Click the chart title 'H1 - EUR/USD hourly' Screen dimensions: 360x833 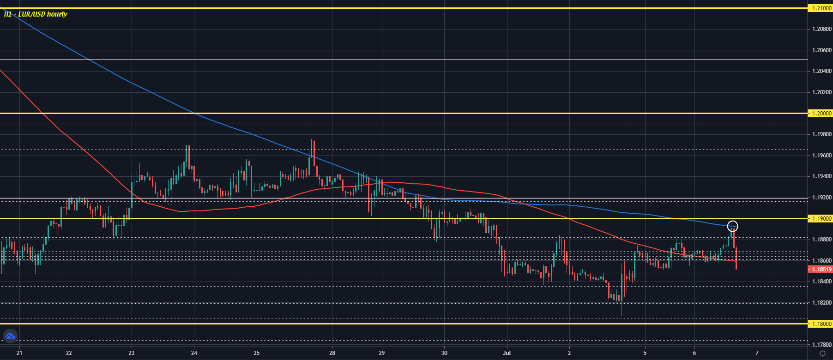coord(36,14)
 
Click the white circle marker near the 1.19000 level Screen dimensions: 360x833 coord(732,226)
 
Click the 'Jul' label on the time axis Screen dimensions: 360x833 coord(507,353)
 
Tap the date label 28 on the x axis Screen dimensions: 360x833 coord(332,353)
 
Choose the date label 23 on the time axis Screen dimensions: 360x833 coord(132,353)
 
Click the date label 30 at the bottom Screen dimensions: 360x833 coord(444,353)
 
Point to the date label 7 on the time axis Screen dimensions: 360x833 coord(757,353)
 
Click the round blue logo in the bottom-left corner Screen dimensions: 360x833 coord(10,336)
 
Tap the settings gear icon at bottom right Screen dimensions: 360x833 coord(822,354)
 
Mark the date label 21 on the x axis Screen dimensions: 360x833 coord(19,353)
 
